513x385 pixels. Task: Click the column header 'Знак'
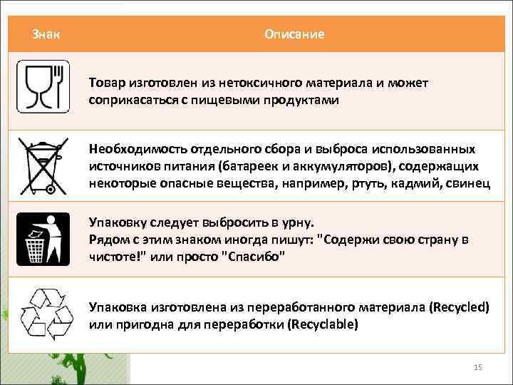tap(46, 34)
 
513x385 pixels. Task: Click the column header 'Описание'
tap(294, 34)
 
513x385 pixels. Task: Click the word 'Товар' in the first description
tap(105, 83)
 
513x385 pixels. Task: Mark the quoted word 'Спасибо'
tap(256, 257)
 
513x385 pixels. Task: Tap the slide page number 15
tap(478, 367)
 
